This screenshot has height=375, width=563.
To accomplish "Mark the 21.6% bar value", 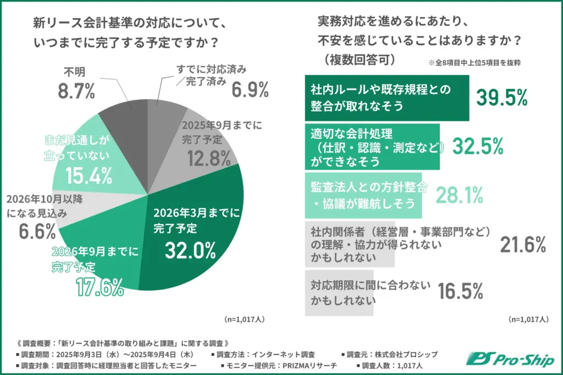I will pyautogui.click(x=522, y=244).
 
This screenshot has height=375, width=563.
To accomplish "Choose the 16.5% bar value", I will pyautogui.click(x=460, y=290).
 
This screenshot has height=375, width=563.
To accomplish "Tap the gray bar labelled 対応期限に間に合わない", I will pyautogui.click(x=339, y=293).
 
